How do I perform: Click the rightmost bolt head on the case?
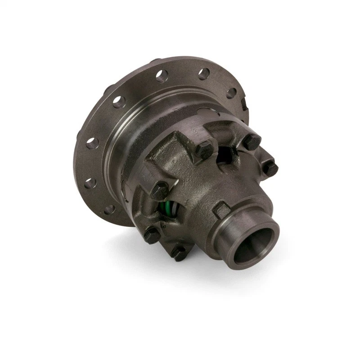(x=269, y=168)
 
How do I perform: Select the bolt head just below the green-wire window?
(x=152, y=234)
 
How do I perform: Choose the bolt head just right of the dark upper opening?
(x=251, y=142)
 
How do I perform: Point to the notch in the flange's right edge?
(x=243, y=105)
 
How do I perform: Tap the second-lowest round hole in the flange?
(x=90, y=183)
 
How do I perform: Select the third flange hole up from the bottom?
(x=92, y=144)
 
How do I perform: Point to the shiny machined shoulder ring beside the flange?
(x=118, y=148)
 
